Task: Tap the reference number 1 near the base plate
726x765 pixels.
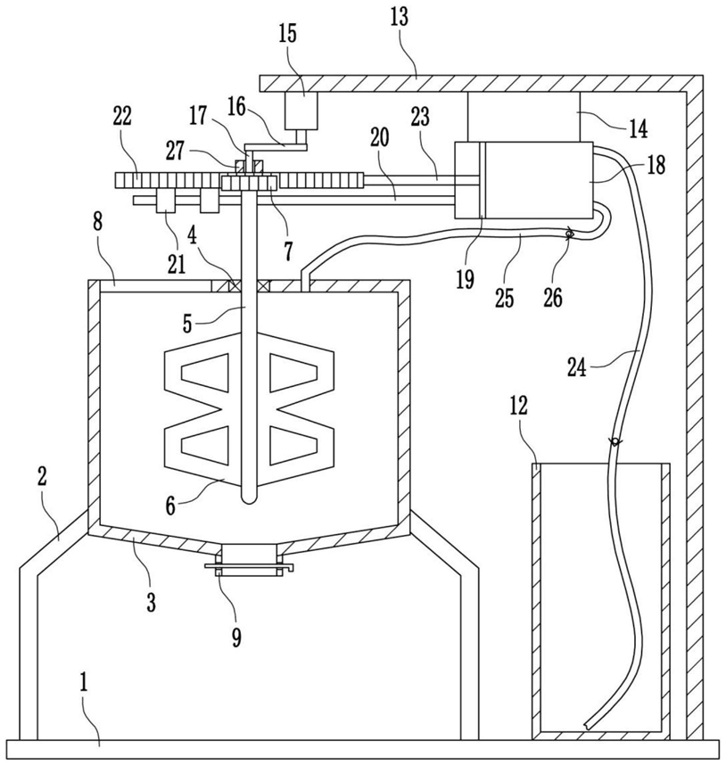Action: (x=84, y=684)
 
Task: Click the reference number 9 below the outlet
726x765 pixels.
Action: (x=236, y=637)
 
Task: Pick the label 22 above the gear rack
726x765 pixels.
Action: (x=122, y=117)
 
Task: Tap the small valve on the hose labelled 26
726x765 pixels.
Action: (x=569, y=234)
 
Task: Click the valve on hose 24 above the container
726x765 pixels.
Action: (x=615, y=441)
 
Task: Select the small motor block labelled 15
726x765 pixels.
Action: (x=301, y=111)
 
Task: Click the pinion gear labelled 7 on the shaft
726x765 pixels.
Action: (x=250, y=184)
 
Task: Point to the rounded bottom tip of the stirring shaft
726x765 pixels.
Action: (x=250, y=499)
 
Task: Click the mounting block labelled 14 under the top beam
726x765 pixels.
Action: (x=524, y=116)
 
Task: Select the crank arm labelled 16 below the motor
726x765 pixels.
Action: (x=276, y=147)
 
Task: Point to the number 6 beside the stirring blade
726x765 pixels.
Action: (x=170, y=506)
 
